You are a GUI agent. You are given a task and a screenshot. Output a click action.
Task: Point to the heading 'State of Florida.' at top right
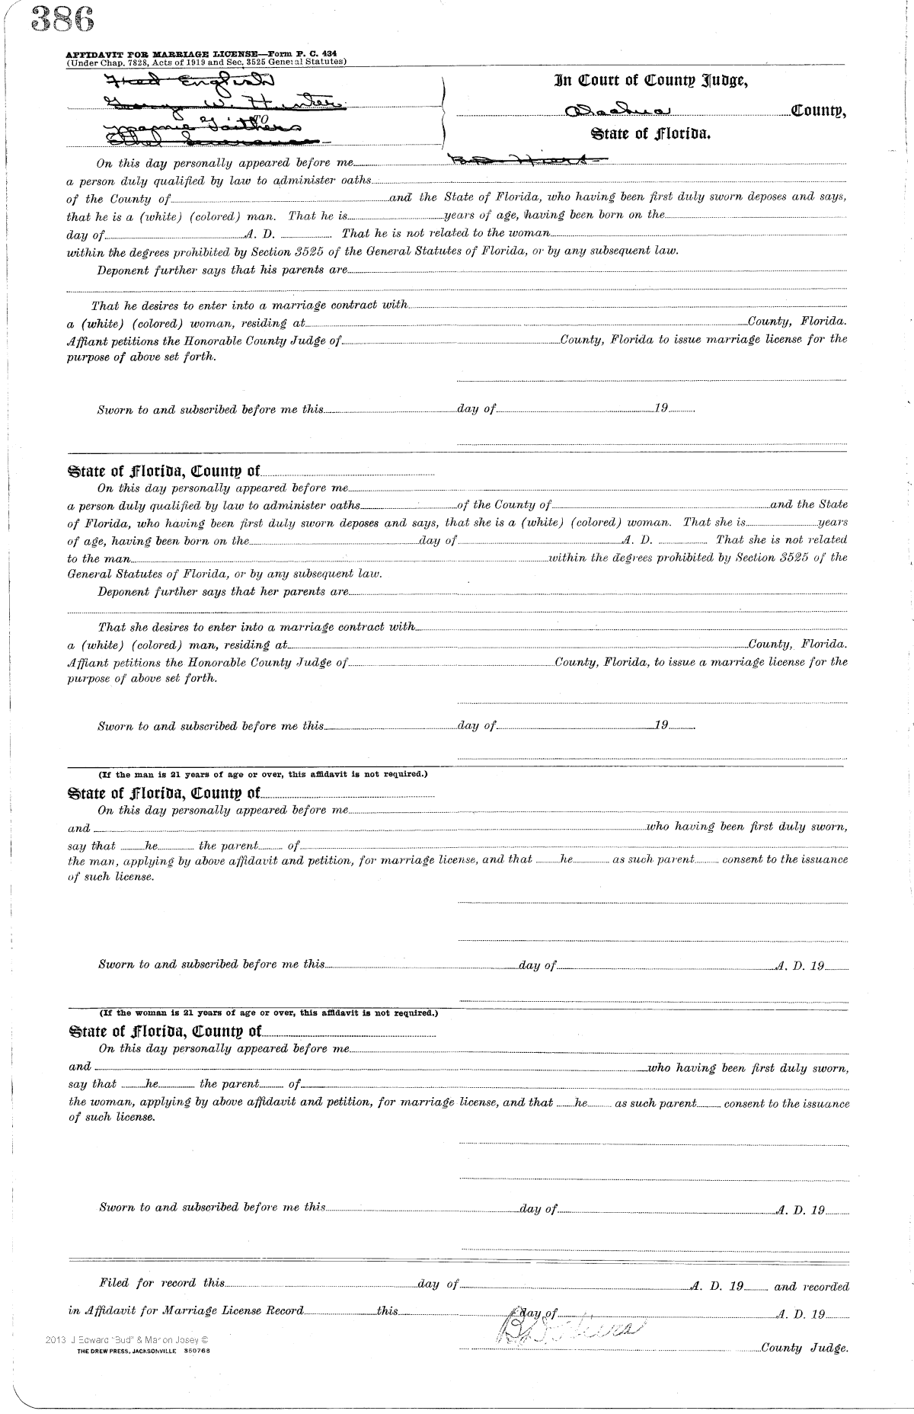click(x=651, y=134)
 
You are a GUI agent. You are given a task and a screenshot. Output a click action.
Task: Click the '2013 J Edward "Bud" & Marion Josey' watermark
click(x=126, y=1339)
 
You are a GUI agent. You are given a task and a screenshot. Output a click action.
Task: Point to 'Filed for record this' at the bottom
click(x=162, y=1283)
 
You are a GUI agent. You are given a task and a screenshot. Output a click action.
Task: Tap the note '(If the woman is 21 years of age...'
click(x=269, y=1013)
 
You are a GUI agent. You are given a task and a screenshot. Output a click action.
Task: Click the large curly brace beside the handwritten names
click(x=444, y=112)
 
